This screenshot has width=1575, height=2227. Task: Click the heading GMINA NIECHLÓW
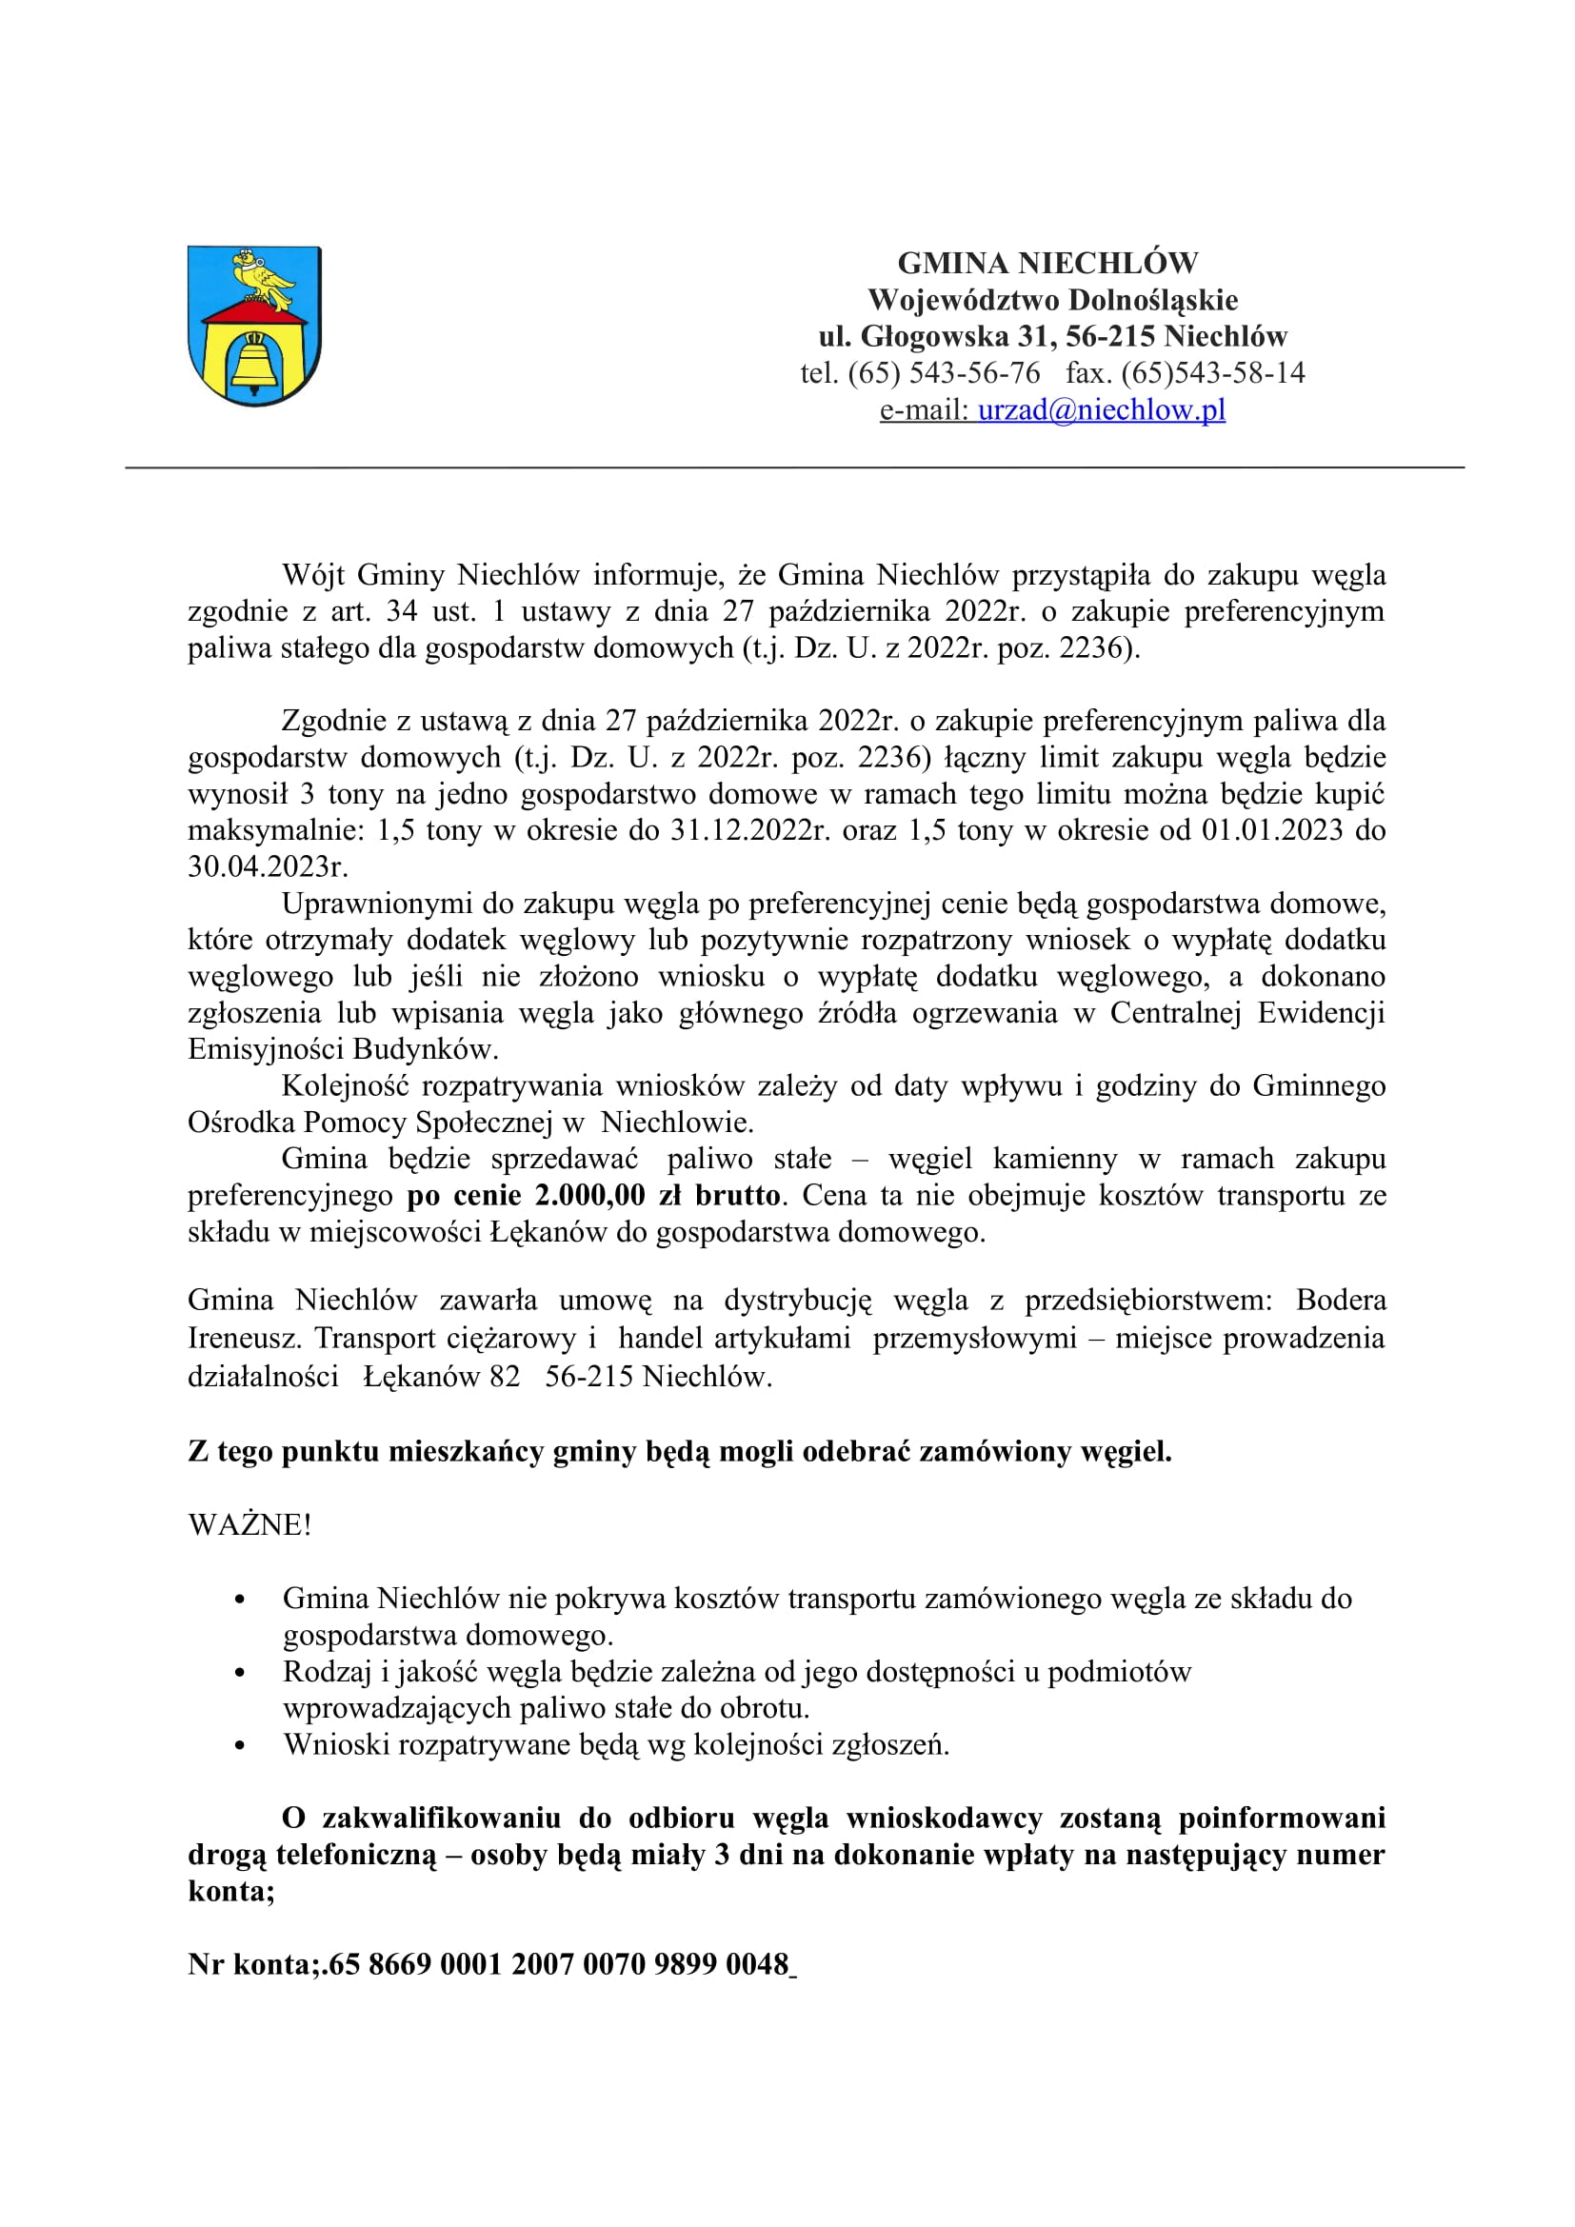coord(1047,263)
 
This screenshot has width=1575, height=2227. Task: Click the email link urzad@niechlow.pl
coord(1101,409)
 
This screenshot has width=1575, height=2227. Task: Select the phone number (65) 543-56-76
coord(944,372)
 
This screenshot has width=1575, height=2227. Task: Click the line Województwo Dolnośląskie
coord(1052,300)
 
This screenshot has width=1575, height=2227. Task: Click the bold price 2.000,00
coord(589,1195)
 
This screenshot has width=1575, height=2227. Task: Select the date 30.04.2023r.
coord(268,866)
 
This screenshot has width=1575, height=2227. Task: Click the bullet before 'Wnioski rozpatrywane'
coord(240,1745)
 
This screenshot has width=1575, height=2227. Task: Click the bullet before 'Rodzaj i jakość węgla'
coord(240,1672)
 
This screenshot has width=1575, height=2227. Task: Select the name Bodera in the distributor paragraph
coord(1341,1300)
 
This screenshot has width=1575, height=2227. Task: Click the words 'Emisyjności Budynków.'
coord(344,1048)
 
